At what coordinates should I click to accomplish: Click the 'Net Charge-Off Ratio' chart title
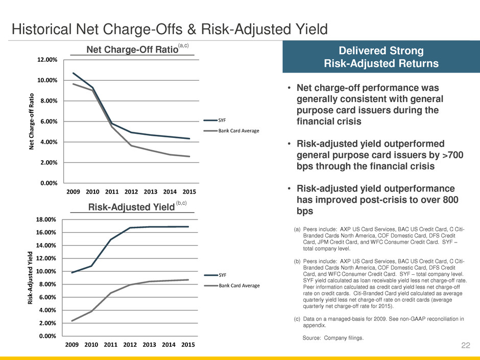coord(125,50)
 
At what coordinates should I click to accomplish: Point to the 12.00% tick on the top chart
coord(47,60)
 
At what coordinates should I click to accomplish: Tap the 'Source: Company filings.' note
coord(333,338)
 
